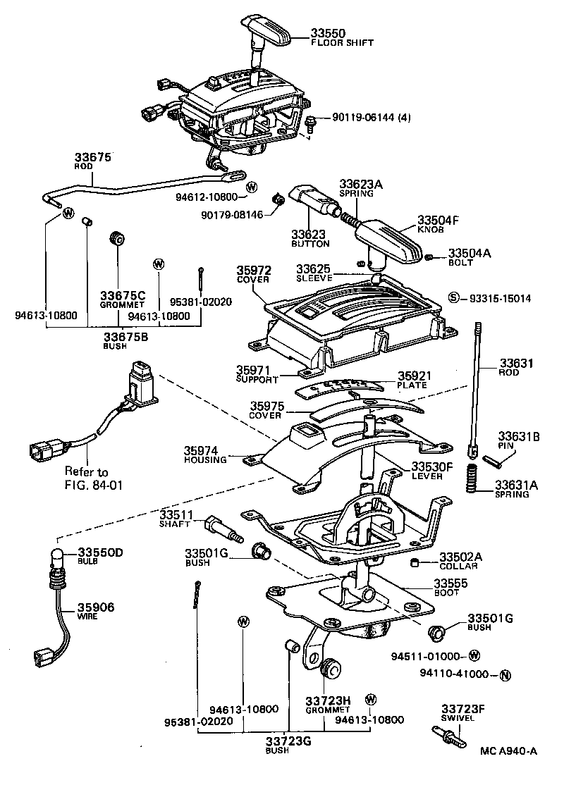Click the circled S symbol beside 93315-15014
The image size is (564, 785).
click(454, 298)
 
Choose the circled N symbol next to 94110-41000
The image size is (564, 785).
click(504, 674)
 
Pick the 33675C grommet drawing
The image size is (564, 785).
click(118, 239)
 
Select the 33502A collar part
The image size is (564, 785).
click(416, 562)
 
